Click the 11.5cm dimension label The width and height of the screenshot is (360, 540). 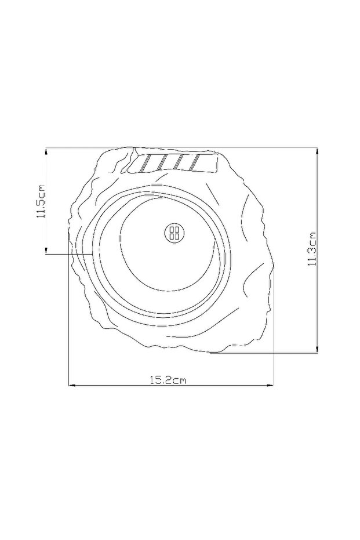point(41,201)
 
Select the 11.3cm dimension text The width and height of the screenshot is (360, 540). point(312,249)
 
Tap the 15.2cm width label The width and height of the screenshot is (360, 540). point(168,380)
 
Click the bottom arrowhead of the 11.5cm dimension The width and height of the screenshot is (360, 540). point(46,250)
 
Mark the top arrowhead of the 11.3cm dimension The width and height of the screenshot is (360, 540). point(317,152)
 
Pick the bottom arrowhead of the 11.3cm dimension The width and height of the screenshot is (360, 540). point(317,349)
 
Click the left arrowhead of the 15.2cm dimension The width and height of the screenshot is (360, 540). point(72,385)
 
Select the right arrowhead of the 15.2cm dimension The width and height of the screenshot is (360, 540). point(270,385)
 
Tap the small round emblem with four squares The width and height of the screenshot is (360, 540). point(175,233)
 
